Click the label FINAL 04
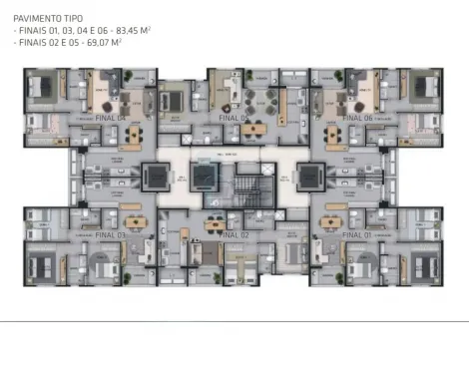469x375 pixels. pos(111,117)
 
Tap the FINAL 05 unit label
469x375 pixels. pos(233,117)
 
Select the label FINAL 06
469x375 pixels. pos(357,117)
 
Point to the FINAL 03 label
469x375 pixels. pos(111,235)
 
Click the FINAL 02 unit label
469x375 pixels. pos(233,235)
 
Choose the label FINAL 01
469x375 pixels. pos(357,235)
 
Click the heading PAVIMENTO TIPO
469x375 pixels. pos(49,18)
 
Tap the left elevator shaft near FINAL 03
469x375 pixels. pos(159,178)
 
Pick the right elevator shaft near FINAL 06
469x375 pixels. pos(308,178)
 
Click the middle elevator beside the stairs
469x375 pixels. pos(206,178)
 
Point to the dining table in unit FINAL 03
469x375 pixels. pos(133,221)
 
